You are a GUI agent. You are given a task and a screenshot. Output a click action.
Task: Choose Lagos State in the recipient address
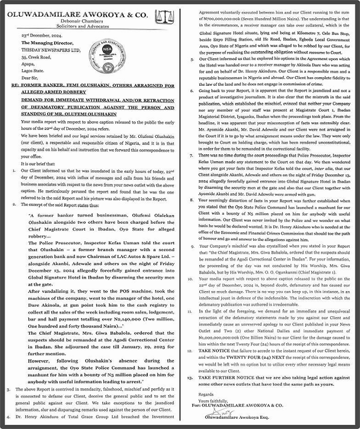[x=35, y=69]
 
